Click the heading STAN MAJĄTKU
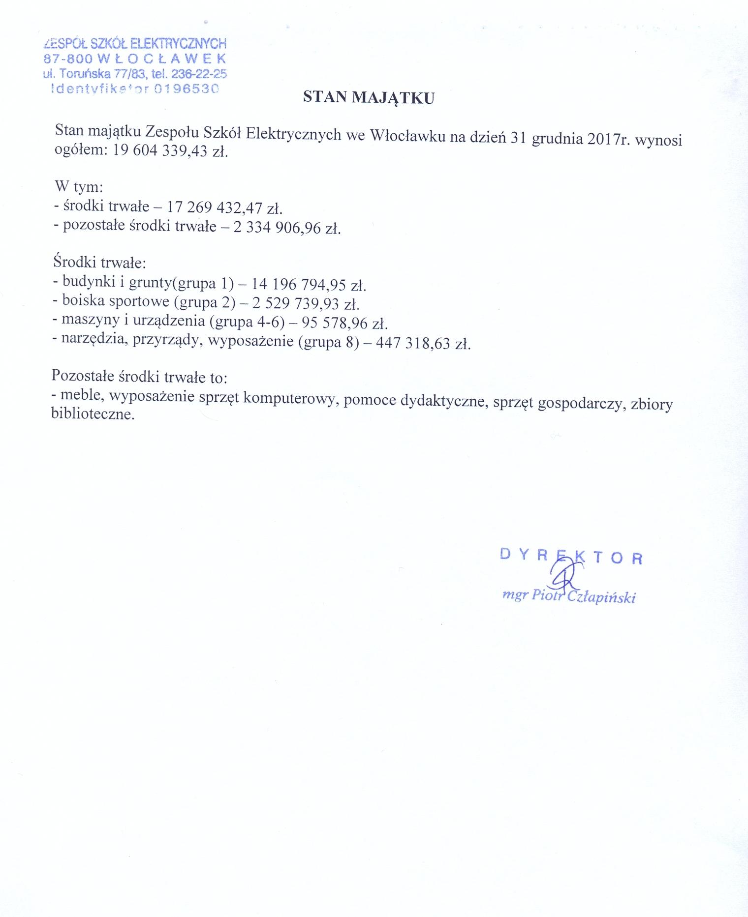pos(369,97)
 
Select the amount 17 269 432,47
pos(215,207)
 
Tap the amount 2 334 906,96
pos(277,227)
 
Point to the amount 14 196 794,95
pos(299,284)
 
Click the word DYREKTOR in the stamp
pos(571,556)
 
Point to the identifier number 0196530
pos(186,89)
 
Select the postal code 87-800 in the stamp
pos(68,59)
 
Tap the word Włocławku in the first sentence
pos(407,135)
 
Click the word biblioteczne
pos(93,414)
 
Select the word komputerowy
pos(290,398)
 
